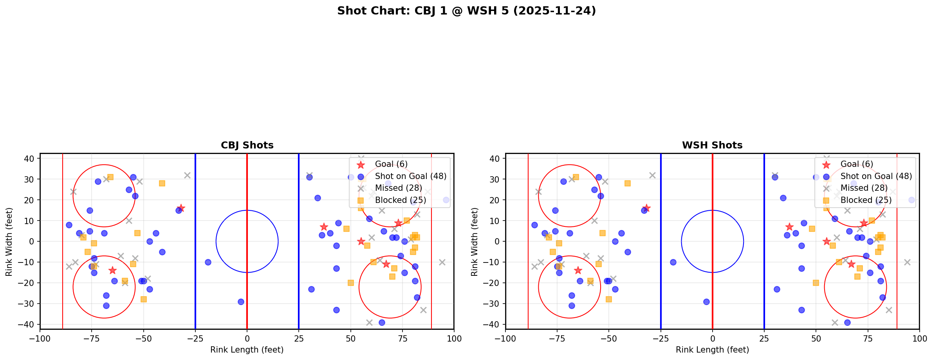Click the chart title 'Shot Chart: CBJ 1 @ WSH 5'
(466, 11)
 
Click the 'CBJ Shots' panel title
(247, 145)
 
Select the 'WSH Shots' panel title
(712, 145)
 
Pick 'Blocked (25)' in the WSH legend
(866, 200)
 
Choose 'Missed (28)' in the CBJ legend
(398, 188)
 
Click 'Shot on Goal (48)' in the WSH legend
(876, 176)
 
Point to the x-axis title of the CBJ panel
(247, 350)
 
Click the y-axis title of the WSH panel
(475, 242)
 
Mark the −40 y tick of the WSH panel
(494, 324)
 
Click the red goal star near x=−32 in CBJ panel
(181, 208)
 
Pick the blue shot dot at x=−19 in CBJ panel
(208, 262)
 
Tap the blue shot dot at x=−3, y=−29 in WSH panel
(706, 302)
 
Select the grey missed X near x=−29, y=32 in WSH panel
(652, 175)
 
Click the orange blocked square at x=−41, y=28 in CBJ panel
(162, 183)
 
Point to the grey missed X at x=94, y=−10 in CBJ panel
(442, 262)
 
